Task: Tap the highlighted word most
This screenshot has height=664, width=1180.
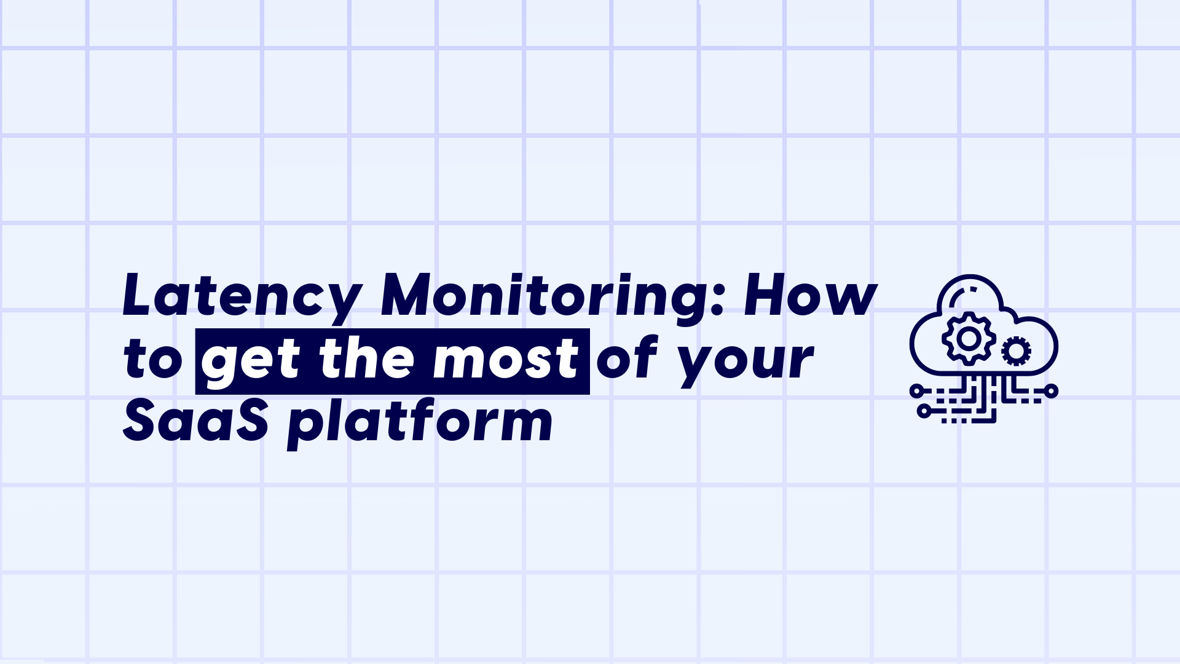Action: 505,360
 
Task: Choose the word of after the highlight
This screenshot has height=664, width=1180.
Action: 627,359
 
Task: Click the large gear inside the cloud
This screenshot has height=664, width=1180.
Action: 969,338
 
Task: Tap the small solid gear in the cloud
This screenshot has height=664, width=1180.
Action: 1016,351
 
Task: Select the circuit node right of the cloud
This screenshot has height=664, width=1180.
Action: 1051,390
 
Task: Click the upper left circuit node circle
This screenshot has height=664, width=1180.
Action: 916,390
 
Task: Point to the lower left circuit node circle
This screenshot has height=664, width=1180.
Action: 924,411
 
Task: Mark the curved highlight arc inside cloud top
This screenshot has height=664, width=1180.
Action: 957,294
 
